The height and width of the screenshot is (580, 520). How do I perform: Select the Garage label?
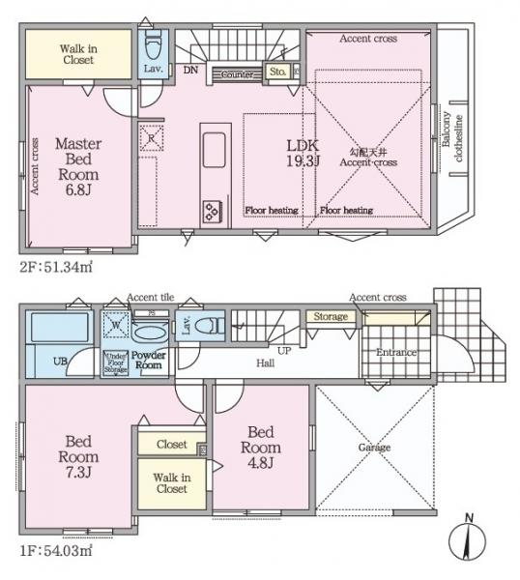pos(374,448)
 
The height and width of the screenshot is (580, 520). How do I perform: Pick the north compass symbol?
pos(469,535)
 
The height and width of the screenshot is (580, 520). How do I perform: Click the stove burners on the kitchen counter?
pos(211,209)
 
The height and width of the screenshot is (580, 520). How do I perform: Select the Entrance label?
pos(396,353)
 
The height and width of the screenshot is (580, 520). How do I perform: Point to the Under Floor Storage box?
pos(117,362)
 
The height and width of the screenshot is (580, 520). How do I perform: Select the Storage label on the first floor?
pos(330,316)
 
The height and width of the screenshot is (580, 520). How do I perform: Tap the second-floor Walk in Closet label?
pos(77,54)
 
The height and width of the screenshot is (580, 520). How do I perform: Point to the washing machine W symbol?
pos(116,326)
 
